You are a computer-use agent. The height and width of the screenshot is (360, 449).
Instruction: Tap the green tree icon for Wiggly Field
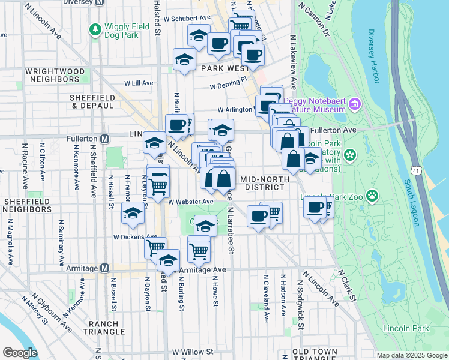coord(95,29)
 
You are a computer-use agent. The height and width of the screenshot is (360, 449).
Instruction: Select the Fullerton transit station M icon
coord(105,139)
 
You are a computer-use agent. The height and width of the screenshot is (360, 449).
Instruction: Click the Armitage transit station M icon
coord(104,268)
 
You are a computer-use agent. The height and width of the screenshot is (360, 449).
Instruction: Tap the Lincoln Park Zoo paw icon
coord(373,195)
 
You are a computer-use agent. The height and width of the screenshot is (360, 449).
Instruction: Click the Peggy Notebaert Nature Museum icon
coord(354,105)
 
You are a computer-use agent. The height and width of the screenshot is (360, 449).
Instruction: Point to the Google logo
coord(21,352)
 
